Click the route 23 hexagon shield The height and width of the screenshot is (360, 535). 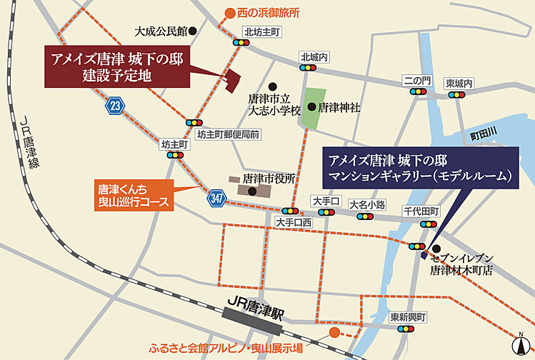click(114, 106)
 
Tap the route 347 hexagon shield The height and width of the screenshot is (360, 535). click(218, 198)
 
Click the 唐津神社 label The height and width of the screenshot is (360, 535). click(339, 107)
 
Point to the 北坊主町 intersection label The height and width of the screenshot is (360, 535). click(262, 31)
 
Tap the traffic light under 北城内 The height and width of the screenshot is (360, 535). click(309, 69)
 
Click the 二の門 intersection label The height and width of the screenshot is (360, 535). click(416, 80)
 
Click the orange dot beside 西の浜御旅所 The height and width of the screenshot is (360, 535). click(229, 13)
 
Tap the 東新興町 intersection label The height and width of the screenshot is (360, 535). click(408, 317)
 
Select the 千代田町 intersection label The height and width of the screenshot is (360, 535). click(421, 212)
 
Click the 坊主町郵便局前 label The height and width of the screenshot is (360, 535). click(229, 134)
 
